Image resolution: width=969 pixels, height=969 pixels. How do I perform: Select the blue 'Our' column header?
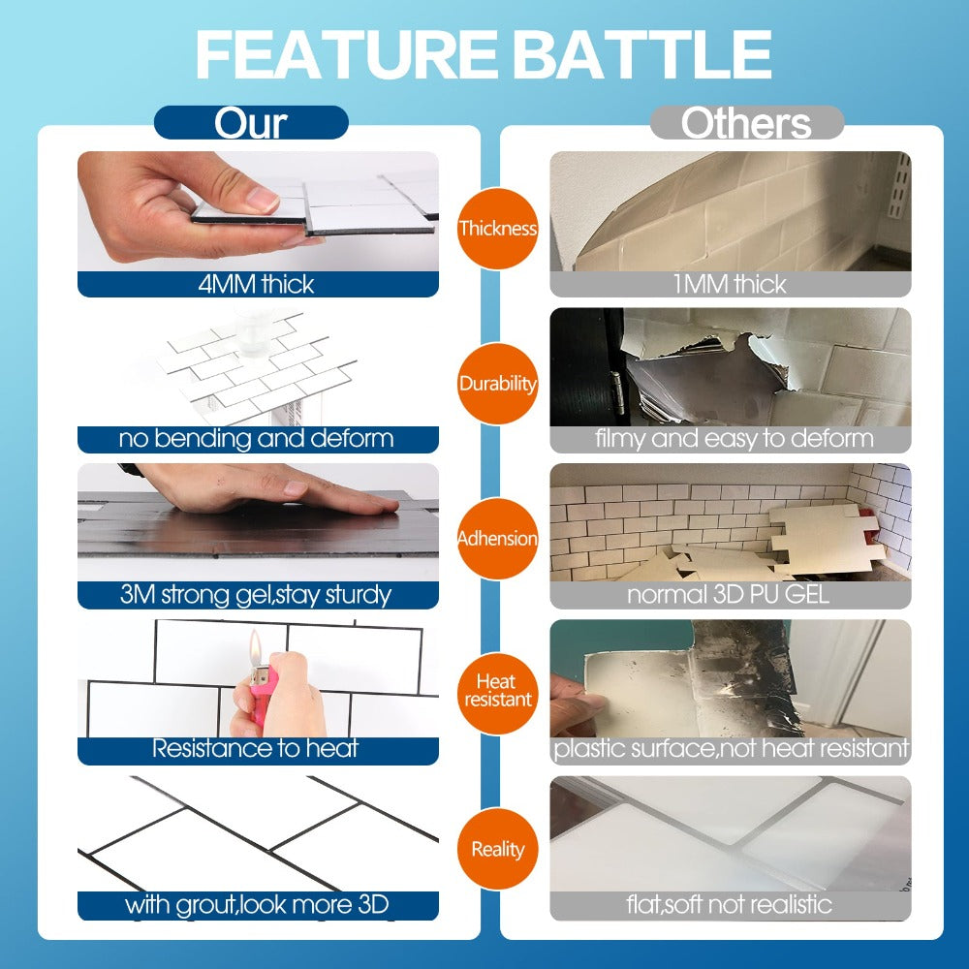click(x=251, y=123)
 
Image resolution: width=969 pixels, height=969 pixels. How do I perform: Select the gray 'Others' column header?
click(x=746, y=123)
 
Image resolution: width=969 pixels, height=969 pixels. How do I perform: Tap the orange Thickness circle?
click(x=498, y=229)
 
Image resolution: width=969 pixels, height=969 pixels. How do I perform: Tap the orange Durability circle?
click(x=498, y=384)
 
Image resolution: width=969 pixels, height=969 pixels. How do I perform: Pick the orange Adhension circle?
click(x=498, y=539)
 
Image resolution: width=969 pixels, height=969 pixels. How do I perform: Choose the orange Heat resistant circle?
click(x=498, y=691)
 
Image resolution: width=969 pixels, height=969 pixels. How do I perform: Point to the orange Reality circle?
click(x=498, y=850)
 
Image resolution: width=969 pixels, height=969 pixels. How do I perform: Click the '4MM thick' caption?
click(x=258, y=284)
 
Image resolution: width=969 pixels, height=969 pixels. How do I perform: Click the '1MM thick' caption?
click(x=731, y=284)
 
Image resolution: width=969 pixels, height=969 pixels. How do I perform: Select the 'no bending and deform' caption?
click(x=258, y=439)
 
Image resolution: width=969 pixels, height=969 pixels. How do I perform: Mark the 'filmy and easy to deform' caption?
click(x=731, y=439)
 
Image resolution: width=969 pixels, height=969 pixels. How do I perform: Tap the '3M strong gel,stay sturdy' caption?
click(x=258, y=594)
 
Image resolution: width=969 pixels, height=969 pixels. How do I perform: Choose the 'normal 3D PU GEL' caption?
click(x=731, y=594)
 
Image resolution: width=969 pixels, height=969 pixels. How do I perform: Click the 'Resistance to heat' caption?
click(x=258, y=749)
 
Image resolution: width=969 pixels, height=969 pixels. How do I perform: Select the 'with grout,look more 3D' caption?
click(x=258, y=906)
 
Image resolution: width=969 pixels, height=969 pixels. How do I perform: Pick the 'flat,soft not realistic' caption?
click(x=731, y=906)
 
